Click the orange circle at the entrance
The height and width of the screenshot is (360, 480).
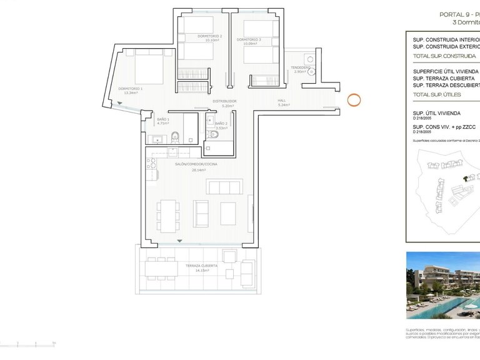pos(353,99)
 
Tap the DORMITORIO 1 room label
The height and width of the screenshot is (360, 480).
pos(131,89)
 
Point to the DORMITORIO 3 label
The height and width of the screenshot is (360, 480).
pos(249,39)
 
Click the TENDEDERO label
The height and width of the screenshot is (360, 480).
pos(301,67)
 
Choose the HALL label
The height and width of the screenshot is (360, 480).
pos(282,101)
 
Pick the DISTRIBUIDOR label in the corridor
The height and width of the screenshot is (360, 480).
pos(224,101)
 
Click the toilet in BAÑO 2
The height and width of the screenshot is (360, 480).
pos(216,134)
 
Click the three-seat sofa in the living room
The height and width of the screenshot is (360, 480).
pos(224,186)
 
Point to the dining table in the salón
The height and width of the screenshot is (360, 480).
pos(168,215)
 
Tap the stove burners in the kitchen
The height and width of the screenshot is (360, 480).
pos(151,164)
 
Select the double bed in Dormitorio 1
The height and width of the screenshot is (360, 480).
pos(148,67)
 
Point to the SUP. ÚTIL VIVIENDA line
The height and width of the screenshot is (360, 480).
pos(437,112)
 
